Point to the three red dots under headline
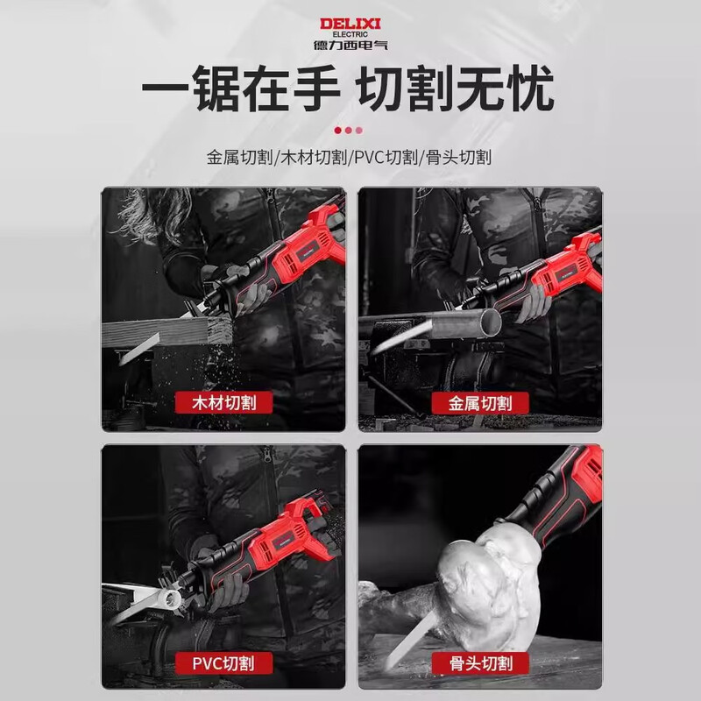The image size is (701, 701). [349, 130]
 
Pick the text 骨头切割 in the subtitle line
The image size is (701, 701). [457, 158]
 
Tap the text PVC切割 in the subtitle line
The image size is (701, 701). [386, 158]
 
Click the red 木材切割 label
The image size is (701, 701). [223, 403]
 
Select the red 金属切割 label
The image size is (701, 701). [480, 403]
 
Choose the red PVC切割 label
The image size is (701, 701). [223, 662]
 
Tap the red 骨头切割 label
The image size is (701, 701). [480, 662]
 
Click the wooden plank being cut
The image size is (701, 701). [166, 331]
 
